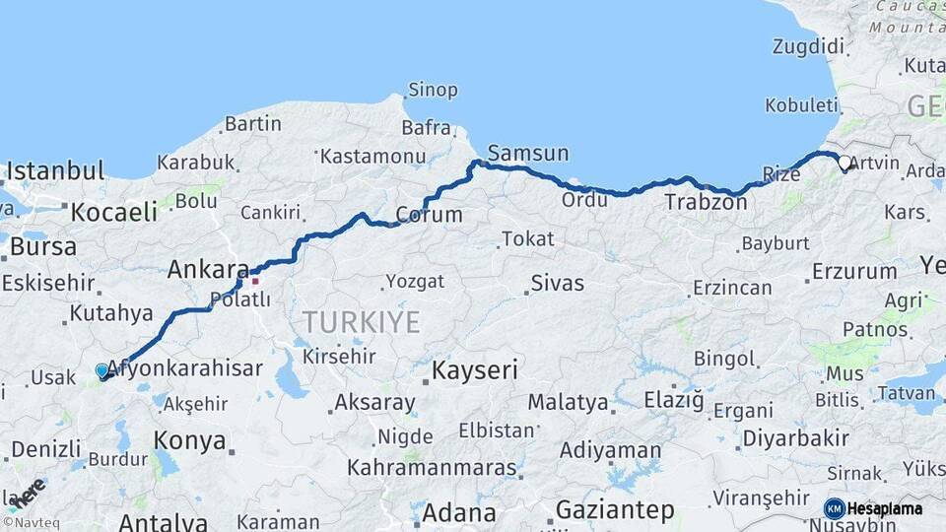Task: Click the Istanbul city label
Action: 55,171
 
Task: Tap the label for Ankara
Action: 208,269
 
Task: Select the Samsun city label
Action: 528,153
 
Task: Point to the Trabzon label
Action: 706,202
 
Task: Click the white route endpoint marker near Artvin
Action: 845,164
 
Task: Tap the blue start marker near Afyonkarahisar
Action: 101,370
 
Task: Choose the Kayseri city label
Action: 476,370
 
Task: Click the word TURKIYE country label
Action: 361,322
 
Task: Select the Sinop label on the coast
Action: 433,90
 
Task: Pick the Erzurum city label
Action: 854,271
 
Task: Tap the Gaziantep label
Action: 615,509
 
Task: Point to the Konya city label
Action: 190,440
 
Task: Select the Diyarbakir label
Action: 795,438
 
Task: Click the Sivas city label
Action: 557,284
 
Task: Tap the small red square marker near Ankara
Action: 254,281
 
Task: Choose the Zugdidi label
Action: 809,47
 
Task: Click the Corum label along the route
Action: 429,215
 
